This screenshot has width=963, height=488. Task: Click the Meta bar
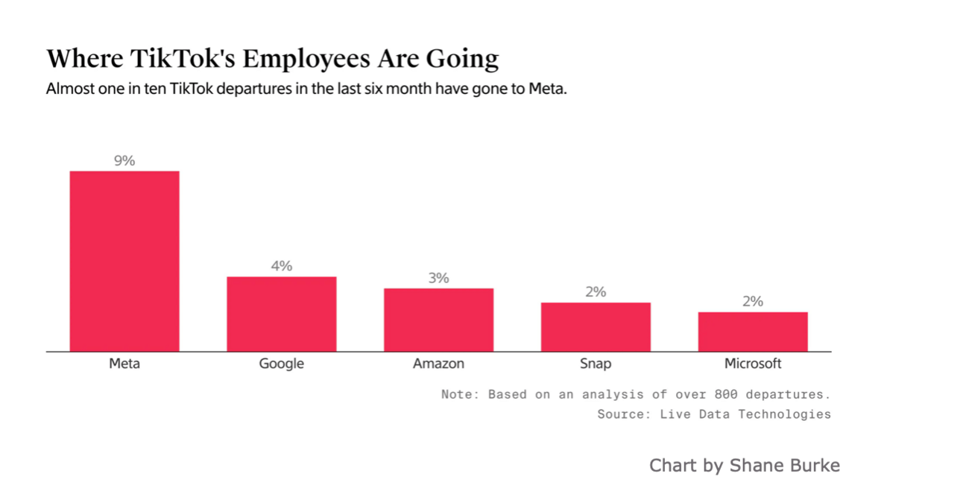(124, 261)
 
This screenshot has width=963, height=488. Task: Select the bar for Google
(282, 314)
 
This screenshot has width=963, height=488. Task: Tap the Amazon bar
(438, 320)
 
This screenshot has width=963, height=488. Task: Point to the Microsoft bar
(753, 332)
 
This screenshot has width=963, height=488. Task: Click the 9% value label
(124, 160)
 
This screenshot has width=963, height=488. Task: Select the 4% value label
(282, 266)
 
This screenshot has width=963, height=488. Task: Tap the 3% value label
(438, 278)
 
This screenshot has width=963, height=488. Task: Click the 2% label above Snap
(596, 292)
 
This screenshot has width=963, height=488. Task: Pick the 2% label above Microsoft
(753, 302)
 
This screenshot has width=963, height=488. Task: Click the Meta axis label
(124, 364)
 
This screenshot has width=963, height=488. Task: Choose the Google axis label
(282, 364)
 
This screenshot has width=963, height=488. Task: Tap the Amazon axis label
(438, 364)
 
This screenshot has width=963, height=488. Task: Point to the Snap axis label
(596, 364)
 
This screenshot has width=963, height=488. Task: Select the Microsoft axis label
(753, 364)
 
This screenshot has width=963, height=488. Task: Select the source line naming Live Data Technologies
(714, 413)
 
